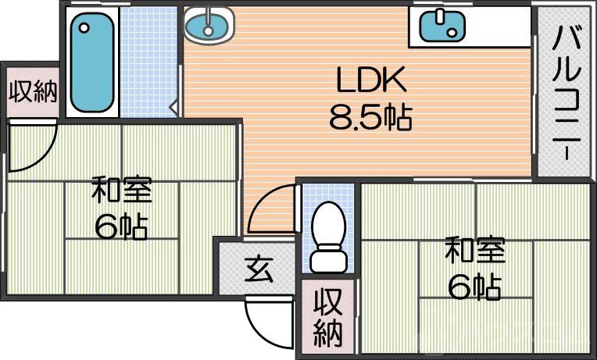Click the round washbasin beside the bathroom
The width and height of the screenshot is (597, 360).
click(209, 27)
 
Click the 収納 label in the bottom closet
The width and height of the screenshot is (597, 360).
click(329, 318)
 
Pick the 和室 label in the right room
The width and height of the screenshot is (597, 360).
click(474, 252)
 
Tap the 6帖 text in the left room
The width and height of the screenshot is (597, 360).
click(121, 227)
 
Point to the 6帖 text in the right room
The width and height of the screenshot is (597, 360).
click(474, 288)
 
